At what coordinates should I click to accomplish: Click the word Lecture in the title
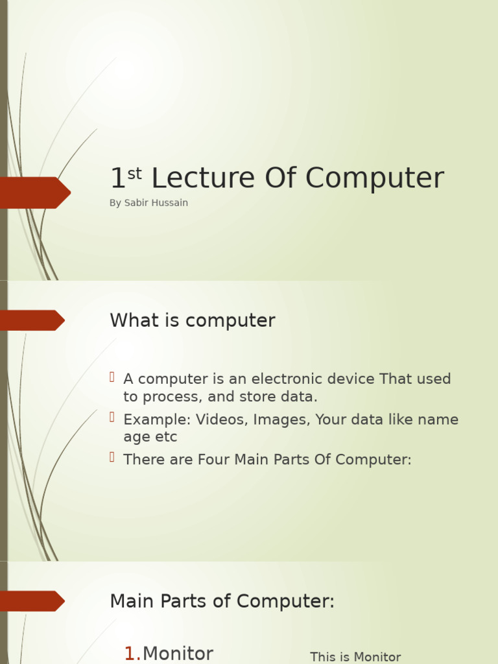[202, 179]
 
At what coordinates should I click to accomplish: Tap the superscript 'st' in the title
[134, 173]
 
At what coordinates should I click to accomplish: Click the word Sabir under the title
[136, 203]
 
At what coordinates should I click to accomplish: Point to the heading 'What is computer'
[193, 320]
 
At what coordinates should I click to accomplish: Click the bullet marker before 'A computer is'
[112, 377]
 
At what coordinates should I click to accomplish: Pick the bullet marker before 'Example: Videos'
[112, 417]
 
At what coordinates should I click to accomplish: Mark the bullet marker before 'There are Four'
[112, 457]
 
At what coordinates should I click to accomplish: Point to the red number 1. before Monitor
[132, 654]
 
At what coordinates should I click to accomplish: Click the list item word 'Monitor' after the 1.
[178, 654]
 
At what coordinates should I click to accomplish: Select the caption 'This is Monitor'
[355, 657]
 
